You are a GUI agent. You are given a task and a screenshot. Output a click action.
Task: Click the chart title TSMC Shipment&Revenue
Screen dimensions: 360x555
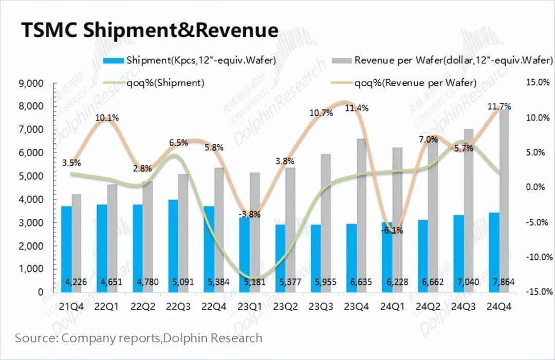point(149,30)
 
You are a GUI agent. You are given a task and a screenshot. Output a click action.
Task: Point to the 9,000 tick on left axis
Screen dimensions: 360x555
point(32,83)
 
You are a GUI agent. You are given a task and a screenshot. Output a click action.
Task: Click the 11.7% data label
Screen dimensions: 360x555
point(498,107)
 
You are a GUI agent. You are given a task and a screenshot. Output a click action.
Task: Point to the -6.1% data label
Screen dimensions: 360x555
point(392,231)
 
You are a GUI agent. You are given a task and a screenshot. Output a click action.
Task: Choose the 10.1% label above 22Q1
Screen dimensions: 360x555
point(106,118)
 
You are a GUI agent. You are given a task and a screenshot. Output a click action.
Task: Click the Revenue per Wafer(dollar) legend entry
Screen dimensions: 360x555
point(445,60)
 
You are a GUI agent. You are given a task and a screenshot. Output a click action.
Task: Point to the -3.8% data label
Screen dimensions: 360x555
point(250,214)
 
